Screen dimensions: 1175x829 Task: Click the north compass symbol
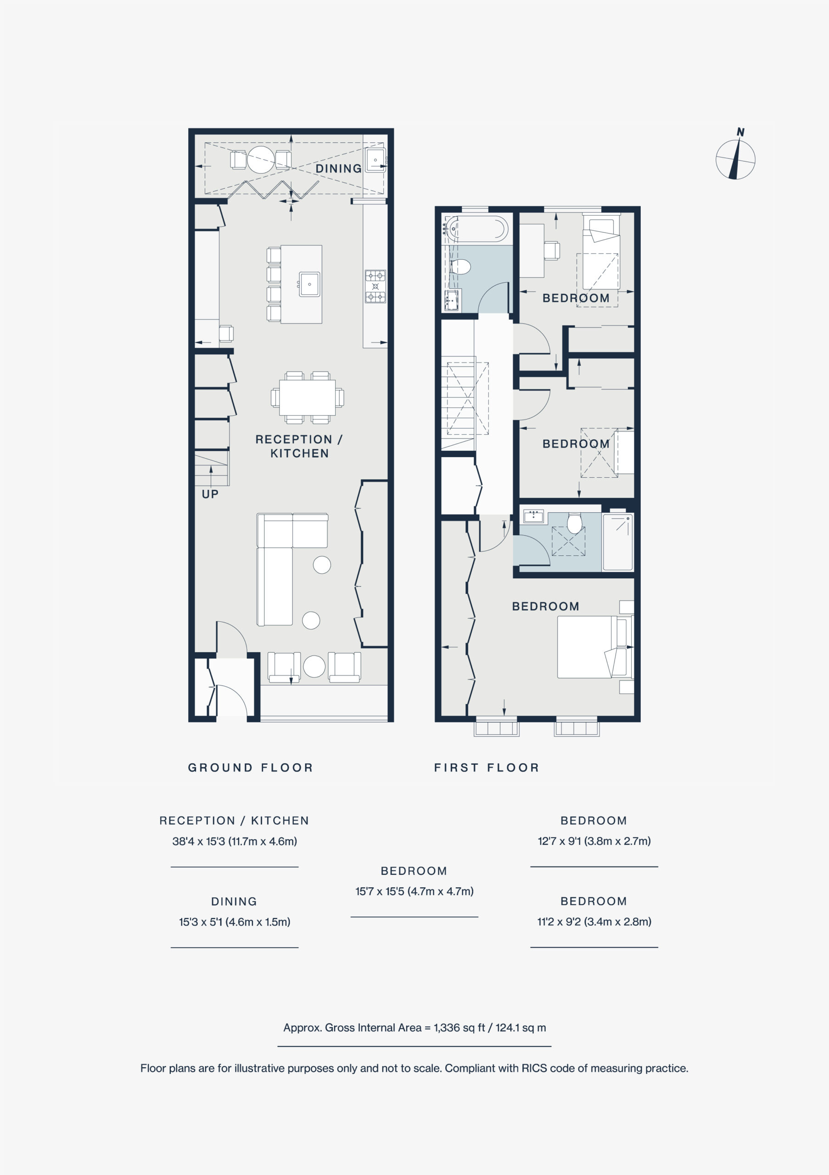[735, 159]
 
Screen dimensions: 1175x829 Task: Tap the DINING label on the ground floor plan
[338, 168]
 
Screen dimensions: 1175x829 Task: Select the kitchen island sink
[309, 284]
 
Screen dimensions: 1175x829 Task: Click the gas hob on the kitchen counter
[375, 286]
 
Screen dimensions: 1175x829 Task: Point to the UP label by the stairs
[210, 494]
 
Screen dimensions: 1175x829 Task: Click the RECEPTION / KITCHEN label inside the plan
[299, 446]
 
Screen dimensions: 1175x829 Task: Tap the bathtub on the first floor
[476, 229]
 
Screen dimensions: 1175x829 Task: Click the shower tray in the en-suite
[618, 542]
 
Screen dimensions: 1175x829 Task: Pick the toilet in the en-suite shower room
[574, 523]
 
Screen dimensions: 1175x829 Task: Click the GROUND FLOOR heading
[250, 767]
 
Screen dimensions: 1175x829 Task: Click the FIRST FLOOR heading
[486, 767]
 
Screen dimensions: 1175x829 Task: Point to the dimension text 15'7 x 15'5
[379, 891]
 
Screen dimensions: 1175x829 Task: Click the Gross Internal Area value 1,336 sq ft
[459, 1028]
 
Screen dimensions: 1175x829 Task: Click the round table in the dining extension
[261, 160]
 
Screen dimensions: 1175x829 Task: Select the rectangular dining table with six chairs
[307, 397]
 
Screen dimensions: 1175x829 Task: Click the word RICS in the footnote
[535, 1069]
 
